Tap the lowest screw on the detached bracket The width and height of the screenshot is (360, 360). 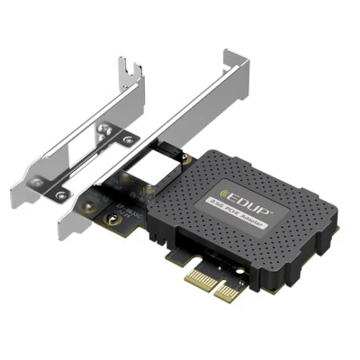(x=60, y=193)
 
